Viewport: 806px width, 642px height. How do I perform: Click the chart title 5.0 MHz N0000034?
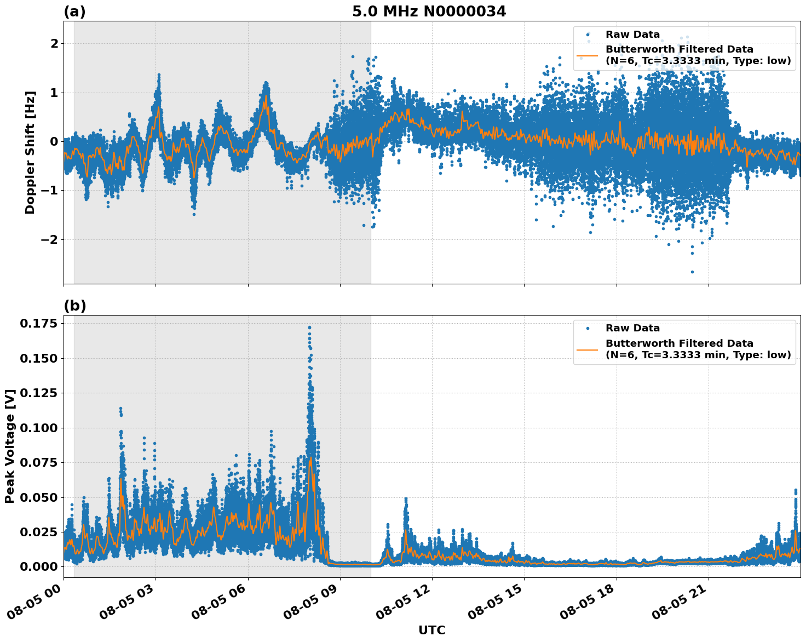click(429, 12)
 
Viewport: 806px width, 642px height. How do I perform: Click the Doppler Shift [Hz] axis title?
click(30, 152)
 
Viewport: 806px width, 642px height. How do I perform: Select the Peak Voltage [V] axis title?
click(10, 446)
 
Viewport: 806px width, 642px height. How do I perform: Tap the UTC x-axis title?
click(431, 630)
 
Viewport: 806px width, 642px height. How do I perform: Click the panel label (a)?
click(74, 12)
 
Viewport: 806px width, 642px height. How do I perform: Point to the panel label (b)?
click(74, 306)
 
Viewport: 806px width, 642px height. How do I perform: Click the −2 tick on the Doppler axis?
click(49, 240)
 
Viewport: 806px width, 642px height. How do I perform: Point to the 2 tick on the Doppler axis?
click(54, 43)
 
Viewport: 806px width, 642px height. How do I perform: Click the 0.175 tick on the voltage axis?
click(38, 324)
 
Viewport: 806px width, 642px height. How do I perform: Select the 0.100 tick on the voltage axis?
click(38, 428)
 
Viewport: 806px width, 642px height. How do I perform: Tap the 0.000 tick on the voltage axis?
click(38, 566)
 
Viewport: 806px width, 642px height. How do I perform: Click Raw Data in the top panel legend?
click(632, 35)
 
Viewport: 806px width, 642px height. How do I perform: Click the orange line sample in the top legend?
click(587, 55)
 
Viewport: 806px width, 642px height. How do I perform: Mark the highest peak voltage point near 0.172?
click(309, 328)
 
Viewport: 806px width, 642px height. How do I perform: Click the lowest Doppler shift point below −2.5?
click(692, 272)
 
